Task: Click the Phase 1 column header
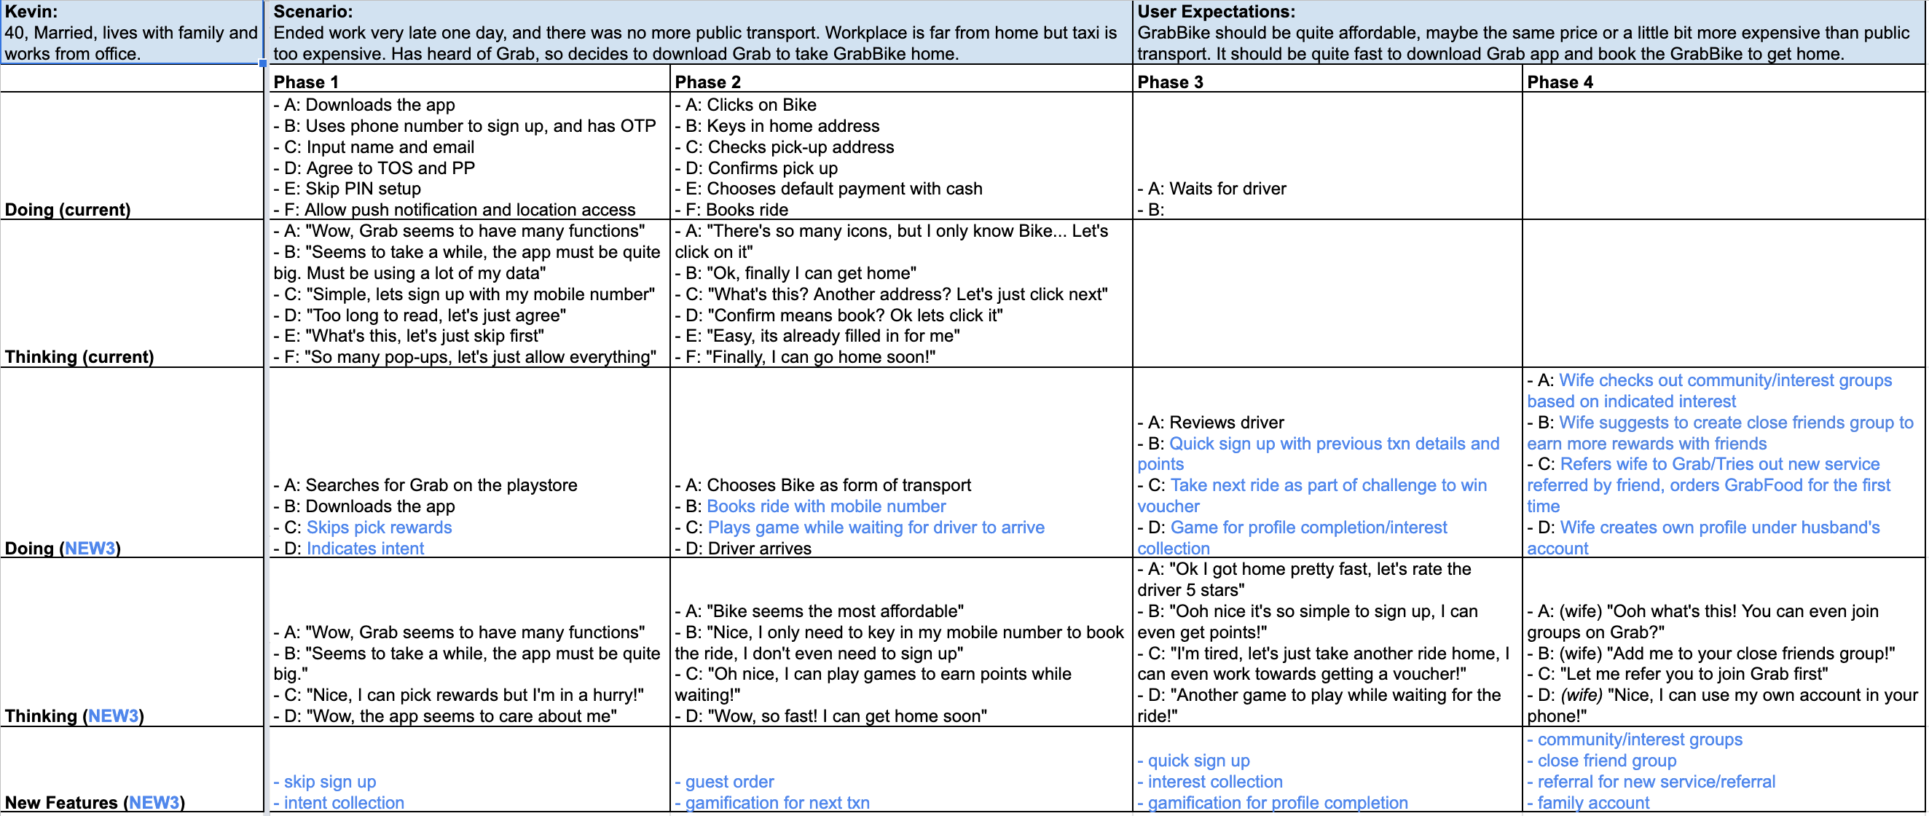tap(305, 82)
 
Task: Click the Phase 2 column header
tap(707, 82)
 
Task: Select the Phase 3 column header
tap(1170, 82)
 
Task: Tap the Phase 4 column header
tap(1560, 82)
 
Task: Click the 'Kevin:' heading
tap(31, 11)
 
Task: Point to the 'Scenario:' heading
tap(313, 11)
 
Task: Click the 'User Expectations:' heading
tap(1216, 11)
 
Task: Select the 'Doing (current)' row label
tap(68, 210)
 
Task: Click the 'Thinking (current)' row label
tap(79, 356)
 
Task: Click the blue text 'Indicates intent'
tap(365, 548)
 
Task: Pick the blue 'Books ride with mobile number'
tap(826, 506)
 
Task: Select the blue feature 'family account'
tap(1592, 803)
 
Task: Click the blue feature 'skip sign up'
tap(329, 782)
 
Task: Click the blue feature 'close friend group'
tap(1606, 761)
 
